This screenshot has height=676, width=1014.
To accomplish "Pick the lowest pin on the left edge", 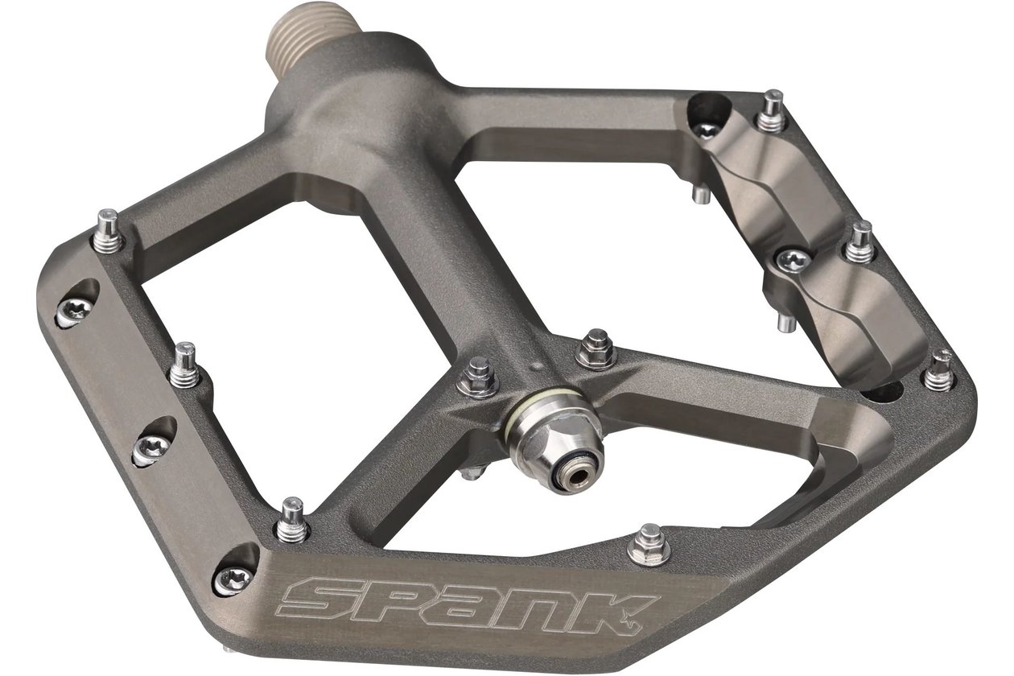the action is click(292, 521).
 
